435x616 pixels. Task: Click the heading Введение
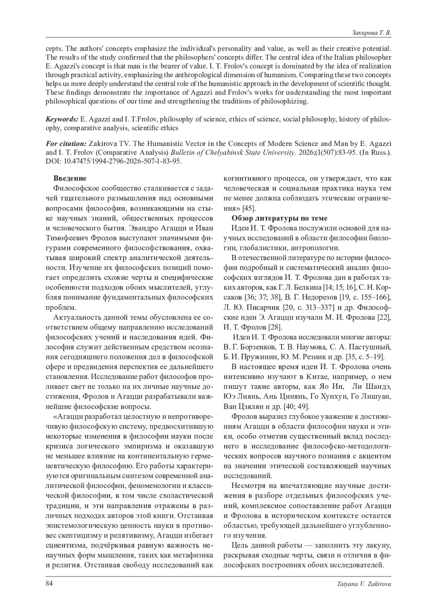tap(70, 178)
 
